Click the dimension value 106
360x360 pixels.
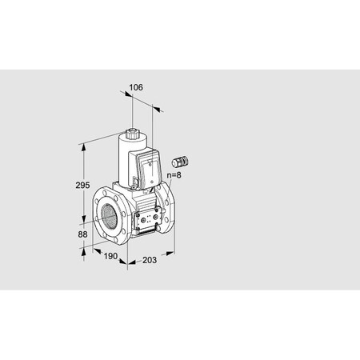(136, 86)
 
